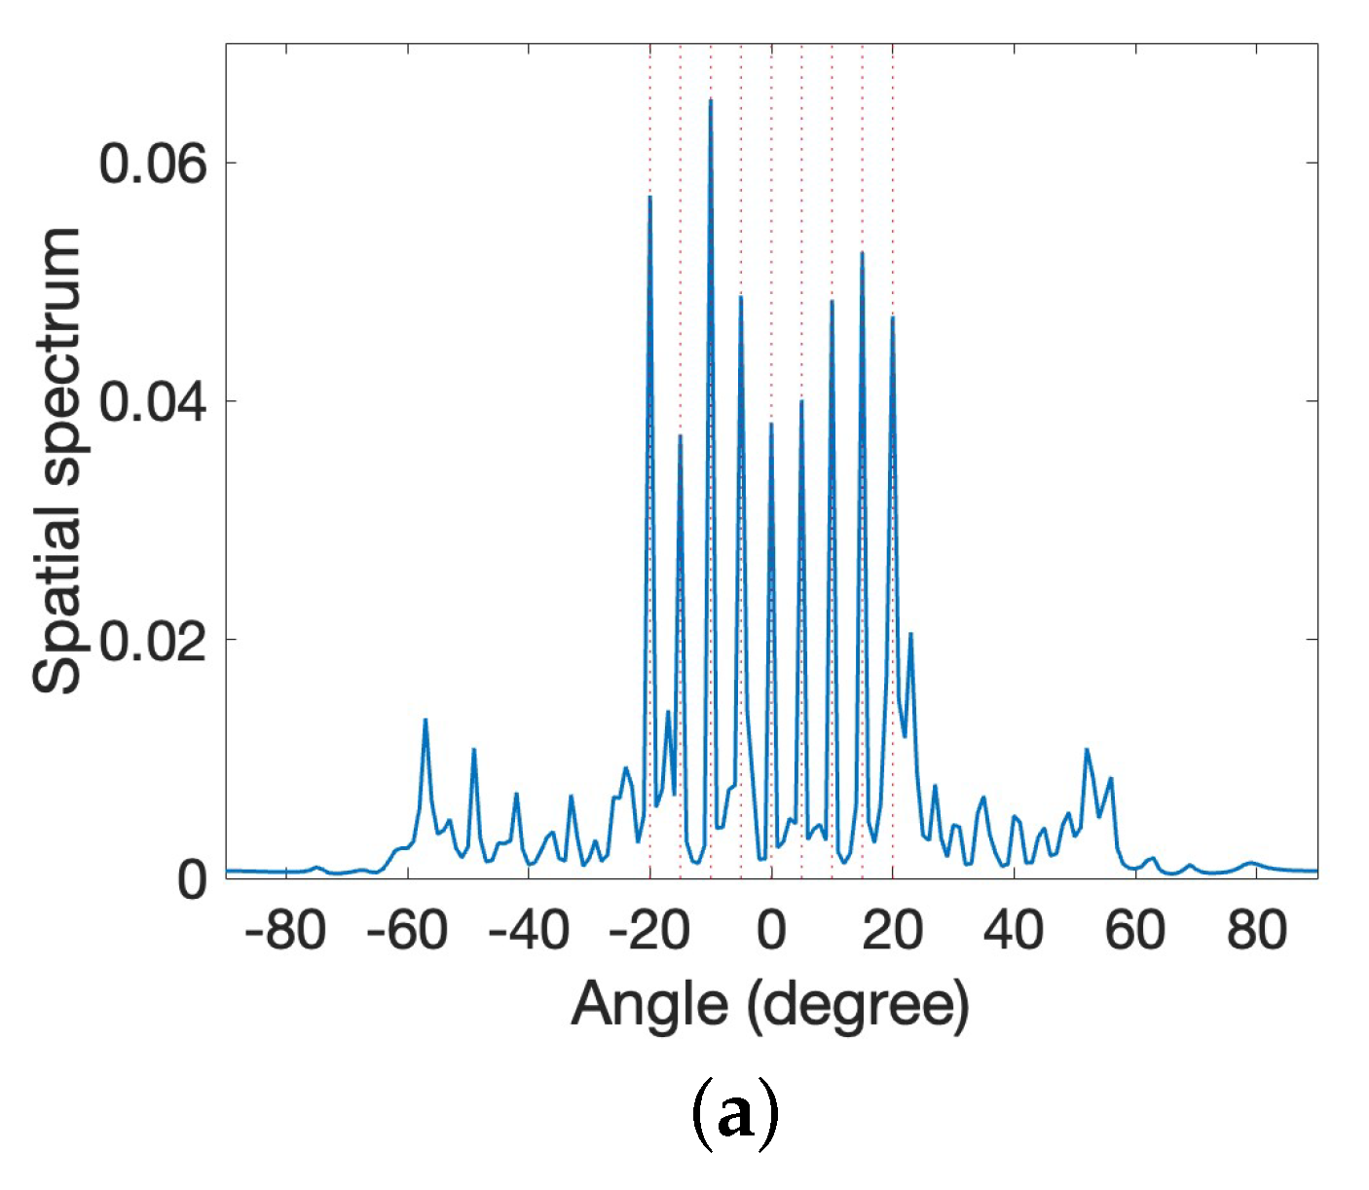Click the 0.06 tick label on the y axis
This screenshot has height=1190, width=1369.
153,164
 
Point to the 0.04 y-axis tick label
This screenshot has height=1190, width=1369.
153,402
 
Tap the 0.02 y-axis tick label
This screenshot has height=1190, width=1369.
153,641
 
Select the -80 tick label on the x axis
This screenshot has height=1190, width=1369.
285,931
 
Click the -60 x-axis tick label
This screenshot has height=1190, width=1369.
407,931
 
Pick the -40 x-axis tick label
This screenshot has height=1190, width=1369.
528,931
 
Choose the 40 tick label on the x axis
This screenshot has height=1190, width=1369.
1014,931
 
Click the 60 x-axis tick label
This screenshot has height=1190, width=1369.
1135,931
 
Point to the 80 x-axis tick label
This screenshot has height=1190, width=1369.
1256,931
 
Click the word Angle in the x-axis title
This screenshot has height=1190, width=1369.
649,1005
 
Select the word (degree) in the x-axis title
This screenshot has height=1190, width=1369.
858,1007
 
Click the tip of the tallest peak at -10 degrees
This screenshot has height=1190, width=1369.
711,100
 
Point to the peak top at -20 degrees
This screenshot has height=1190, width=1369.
649,198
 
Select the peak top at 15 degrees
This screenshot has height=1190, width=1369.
862,253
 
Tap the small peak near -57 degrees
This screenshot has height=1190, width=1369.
425,720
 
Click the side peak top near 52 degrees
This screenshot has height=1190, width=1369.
1087,750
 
